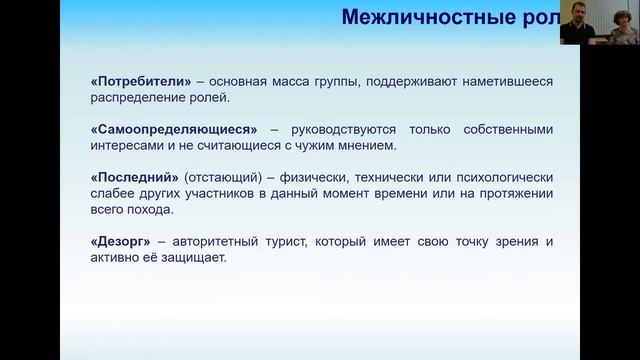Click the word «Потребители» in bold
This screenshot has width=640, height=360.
(x=131, y=82)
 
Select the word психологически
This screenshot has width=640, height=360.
(x=502, y=176)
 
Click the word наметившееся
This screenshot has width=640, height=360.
(x=501, y=82)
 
